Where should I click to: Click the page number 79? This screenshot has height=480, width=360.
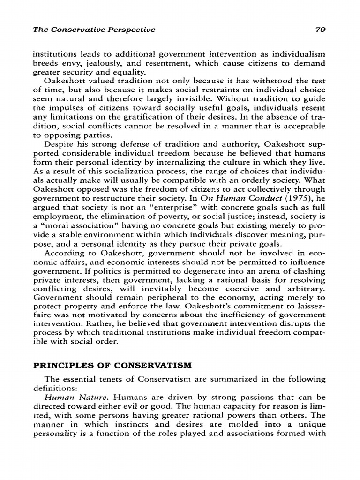click(x=320, y=30)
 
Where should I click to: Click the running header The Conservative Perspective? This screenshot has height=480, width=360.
click(x=94, y=30)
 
